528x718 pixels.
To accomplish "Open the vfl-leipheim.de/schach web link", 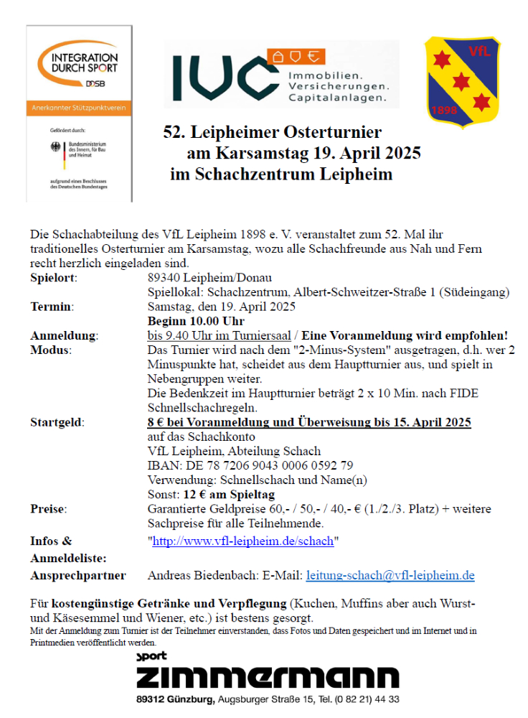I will click(242, 541).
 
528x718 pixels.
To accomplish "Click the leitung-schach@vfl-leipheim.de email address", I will click(390, 575).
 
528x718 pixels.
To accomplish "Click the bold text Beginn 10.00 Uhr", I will click(196, 321).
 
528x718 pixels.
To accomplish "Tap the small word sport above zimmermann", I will click(151, 656).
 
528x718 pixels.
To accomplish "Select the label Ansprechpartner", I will click(77, 575).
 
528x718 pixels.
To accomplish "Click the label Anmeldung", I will click(64, 336).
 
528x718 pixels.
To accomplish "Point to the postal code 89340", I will click(164, 278).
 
